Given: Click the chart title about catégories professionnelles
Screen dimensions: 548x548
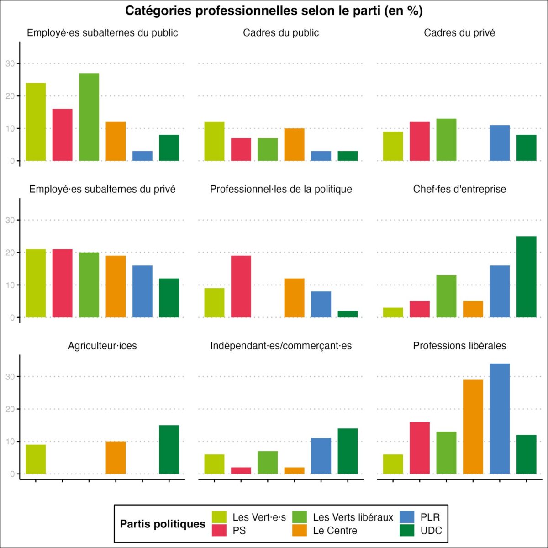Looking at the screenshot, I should [274, 11].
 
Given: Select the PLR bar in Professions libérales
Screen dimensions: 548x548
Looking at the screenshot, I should [500, 419].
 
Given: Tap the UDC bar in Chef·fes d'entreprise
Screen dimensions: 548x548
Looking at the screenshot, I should [526, 277].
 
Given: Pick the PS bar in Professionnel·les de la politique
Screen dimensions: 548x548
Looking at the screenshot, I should [241, 286].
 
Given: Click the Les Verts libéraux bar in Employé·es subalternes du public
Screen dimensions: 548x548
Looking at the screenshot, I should [89, 117].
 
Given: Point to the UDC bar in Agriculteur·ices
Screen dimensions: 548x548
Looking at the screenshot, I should [169, 450].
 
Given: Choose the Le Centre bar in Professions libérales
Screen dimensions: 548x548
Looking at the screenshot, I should [473, 427].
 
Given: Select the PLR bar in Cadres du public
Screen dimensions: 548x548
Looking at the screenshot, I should [321, 156].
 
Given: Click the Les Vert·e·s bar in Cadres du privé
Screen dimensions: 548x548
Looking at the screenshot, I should [393, 146].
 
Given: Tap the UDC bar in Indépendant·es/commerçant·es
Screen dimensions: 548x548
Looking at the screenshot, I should [348, 451].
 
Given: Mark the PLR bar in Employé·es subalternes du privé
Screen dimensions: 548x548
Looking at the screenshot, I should [142, 291].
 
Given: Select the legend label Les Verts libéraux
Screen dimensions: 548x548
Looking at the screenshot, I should [353, 517].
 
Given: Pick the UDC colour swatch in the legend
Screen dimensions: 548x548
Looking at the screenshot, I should [407, 531].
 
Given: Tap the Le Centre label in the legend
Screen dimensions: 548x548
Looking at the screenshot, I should [335, 531].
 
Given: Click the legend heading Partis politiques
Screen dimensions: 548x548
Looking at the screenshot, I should [163, 524].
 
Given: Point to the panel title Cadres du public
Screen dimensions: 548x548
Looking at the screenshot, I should [281, 33].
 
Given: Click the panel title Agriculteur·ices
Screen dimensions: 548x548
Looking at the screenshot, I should [102, 346].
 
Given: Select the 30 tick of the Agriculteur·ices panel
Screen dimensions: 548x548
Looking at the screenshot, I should [10, 377].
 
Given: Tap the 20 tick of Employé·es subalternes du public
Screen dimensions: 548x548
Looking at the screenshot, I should [10, 96].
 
